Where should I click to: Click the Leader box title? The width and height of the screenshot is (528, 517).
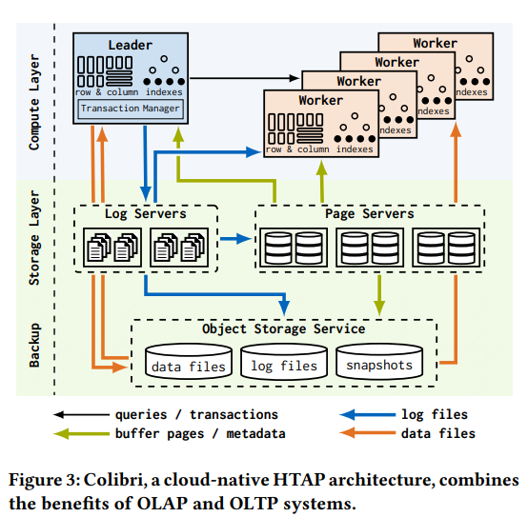point(131,45)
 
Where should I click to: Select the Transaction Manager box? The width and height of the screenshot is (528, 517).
point(131,109)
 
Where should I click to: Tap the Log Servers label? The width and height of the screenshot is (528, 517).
point(146,214)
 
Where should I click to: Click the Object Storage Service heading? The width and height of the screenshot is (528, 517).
point(283,328)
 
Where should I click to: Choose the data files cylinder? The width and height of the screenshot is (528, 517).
point(189,363)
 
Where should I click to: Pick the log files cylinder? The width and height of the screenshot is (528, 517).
point(283,363)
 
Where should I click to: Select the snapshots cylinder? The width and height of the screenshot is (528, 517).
point(378,363)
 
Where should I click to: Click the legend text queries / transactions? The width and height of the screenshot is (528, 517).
point(196,414)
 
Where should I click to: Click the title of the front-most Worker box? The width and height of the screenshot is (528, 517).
point(321,100)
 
